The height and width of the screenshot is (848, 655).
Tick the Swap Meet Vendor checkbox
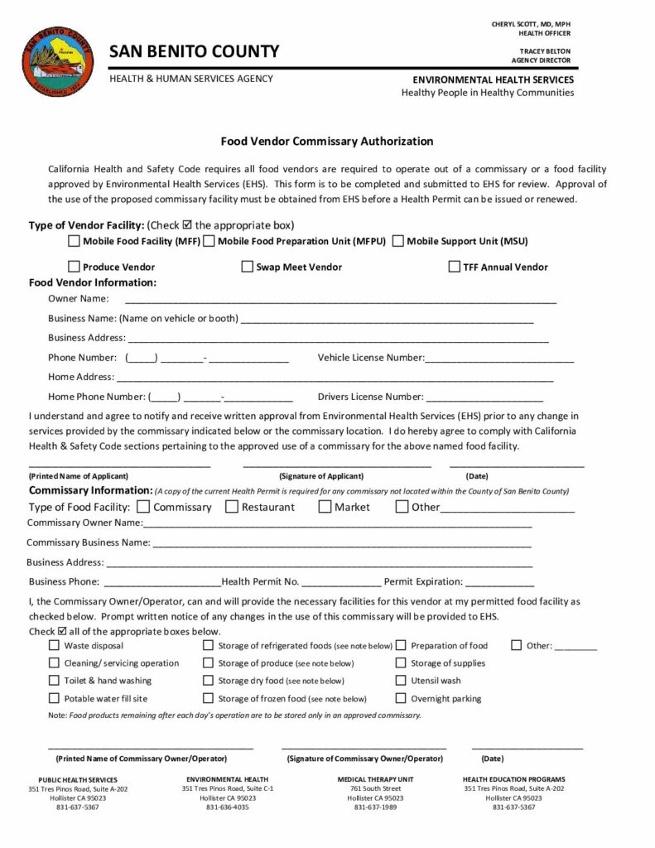click(x=247, y=267)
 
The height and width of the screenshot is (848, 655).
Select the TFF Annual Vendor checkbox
click(x=454, y=267)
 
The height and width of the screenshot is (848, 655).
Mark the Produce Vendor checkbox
click(x=74, y=267)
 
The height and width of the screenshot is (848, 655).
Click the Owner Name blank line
click(x=340, y=300)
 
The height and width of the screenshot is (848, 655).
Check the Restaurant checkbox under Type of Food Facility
click(x=232, y=507)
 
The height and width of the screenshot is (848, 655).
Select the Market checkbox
click(x=325, y=507)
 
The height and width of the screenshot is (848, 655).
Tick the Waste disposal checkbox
click(x=55, y=645)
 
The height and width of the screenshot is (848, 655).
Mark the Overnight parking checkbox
click(x=401, y=698)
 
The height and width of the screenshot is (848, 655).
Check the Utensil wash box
click(x=401, y=681)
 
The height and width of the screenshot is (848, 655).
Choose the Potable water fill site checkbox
click(x=55, y=698)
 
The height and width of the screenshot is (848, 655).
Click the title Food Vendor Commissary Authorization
click(x=327, y=142)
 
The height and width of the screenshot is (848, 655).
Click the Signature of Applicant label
click(x=321, y=476)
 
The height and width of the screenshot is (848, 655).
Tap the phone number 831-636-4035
click(x=227, y=807)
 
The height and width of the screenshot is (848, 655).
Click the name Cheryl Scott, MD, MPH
click(x=531, y=25)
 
